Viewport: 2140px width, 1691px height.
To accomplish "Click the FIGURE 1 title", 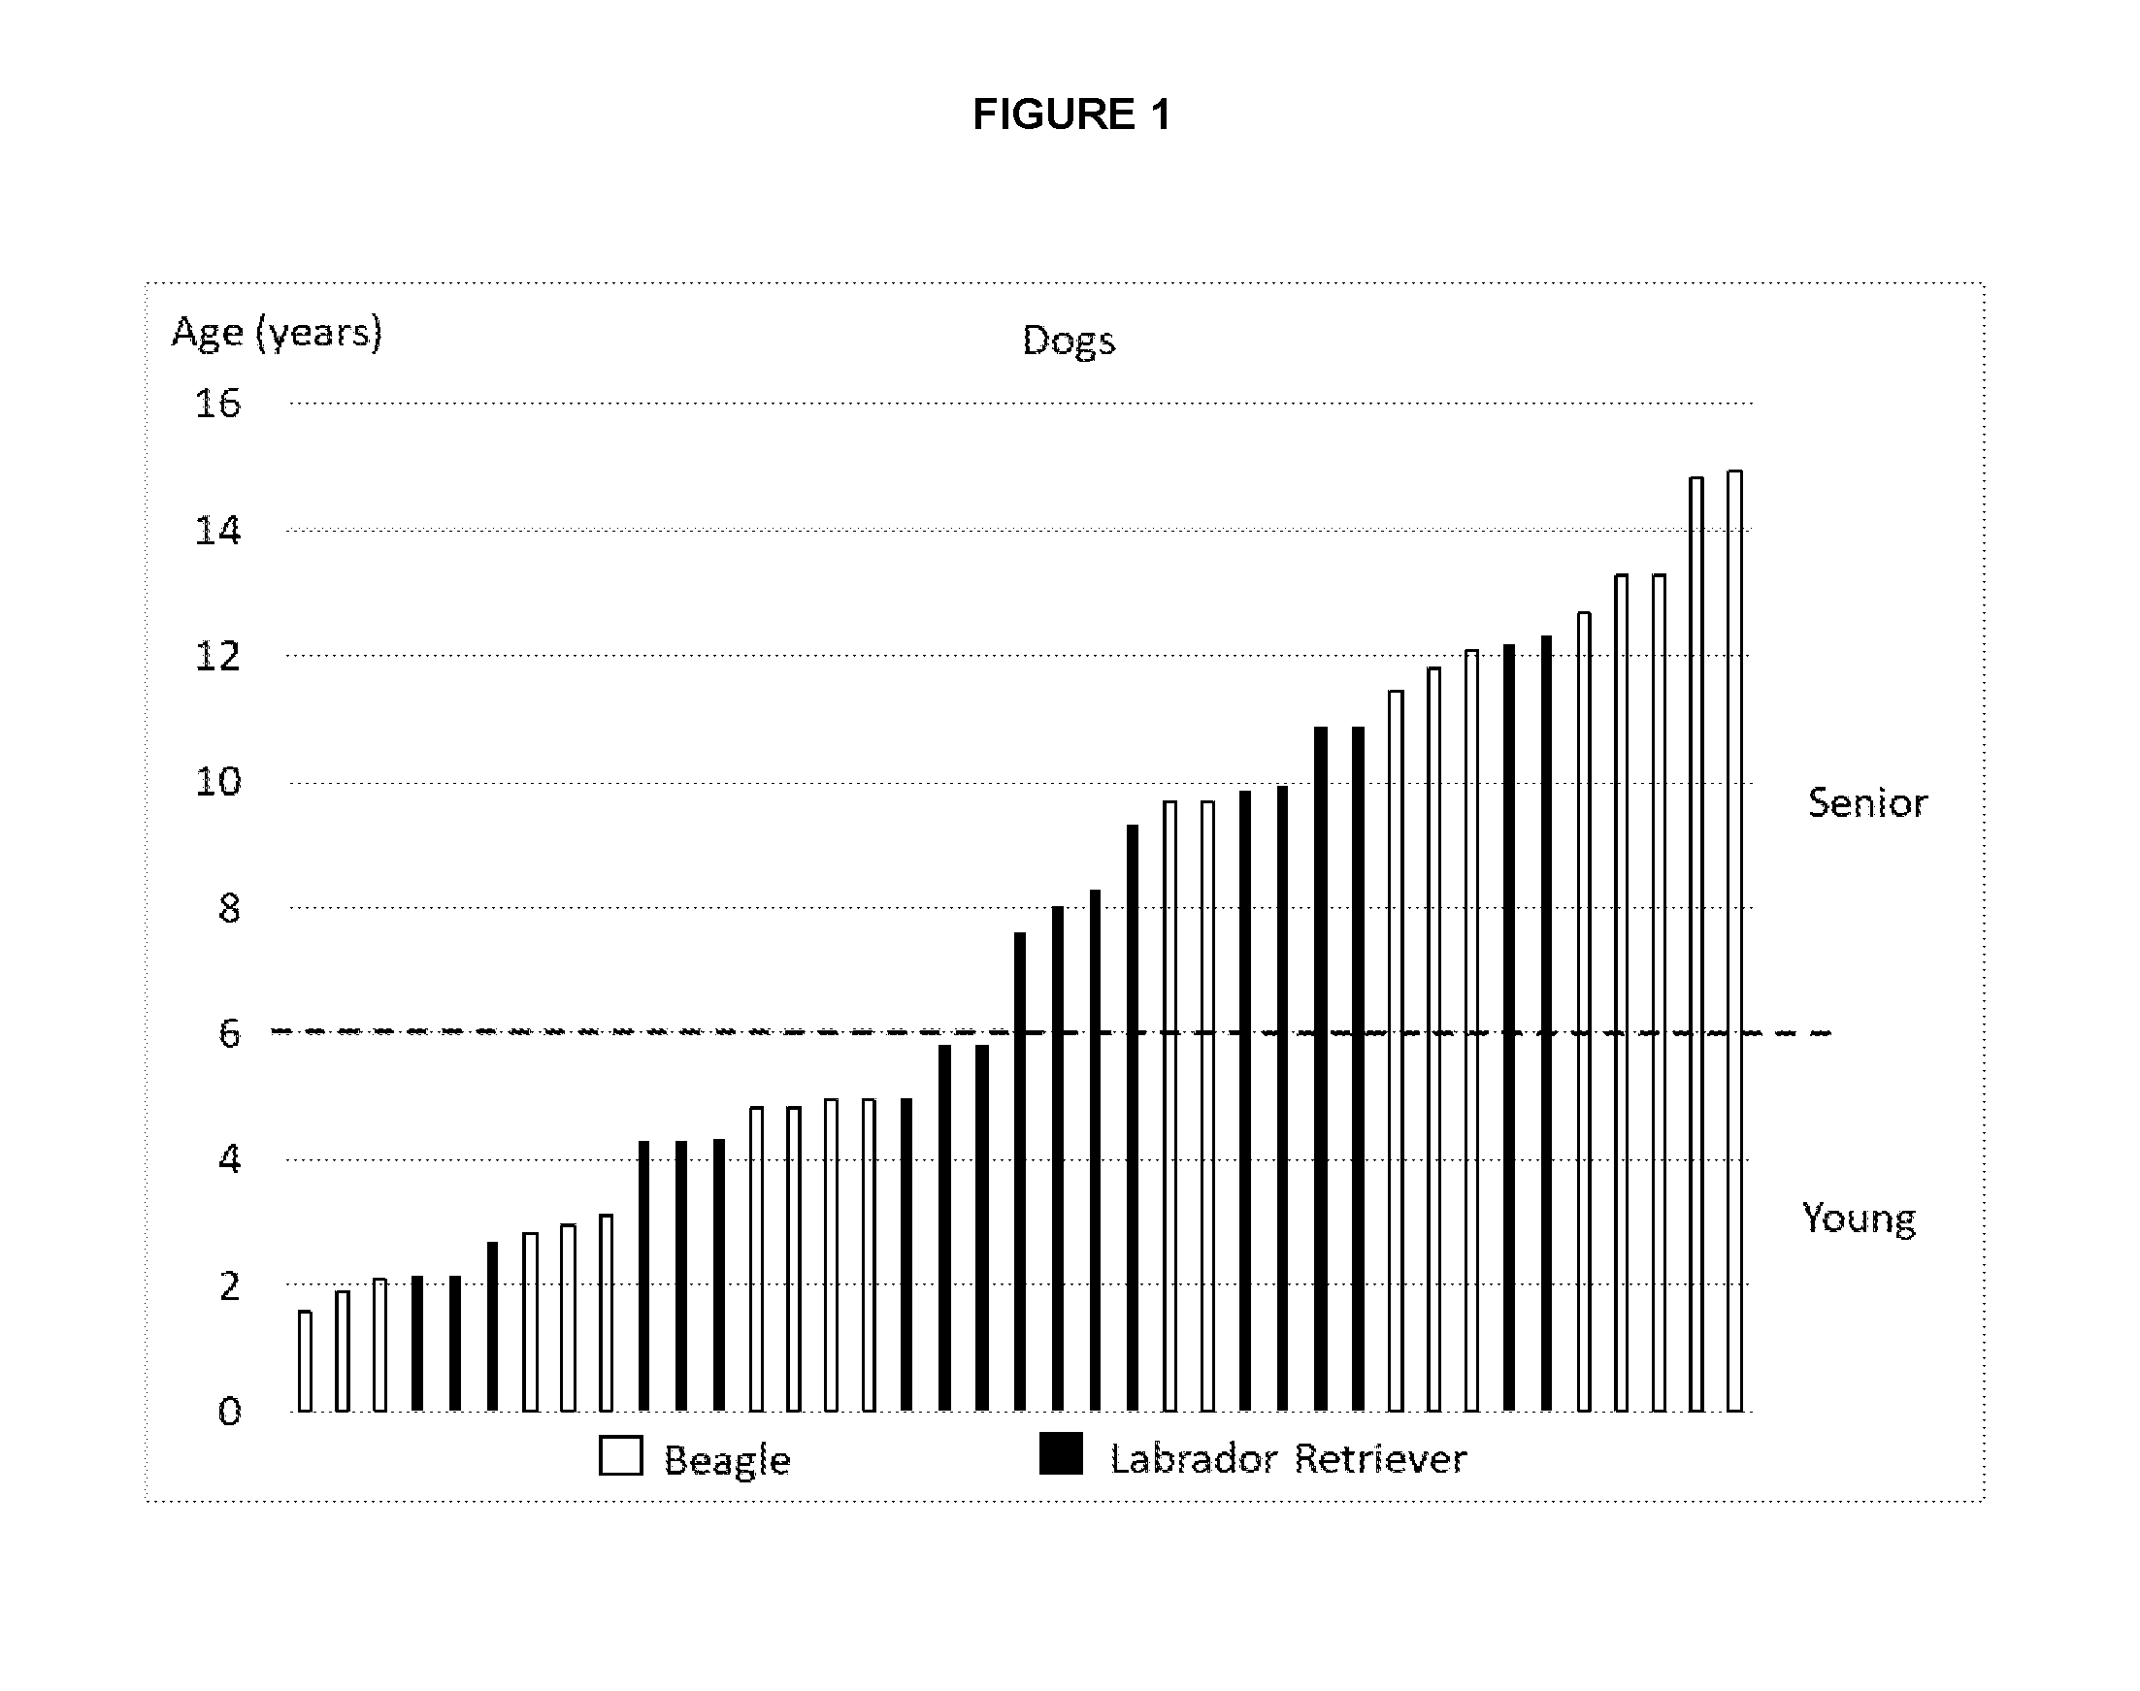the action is point(1071,114).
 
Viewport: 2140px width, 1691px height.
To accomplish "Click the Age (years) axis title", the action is point(277,333).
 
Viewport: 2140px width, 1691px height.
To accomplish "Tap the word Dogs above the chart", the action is point(1069,341).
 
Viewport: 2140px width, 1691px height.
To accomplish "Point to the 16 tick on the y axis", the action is point(217,404).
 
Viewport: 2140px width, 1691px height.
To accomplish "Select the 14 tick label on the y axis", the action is point(217,531).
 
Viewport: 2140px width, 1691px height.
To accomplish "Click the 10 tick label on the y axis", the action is point(217,782).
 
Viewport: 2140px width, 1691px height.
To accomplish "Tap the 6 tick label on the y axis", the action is point(229,1033).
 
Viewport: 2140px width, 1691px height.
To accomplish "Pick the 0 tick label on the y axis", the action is point(229,1411).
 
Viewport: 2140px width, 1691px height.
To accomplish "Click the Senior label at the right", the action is point(1867,802).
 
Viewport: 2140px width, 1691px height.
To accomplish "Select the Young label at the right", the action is point(1859,1219).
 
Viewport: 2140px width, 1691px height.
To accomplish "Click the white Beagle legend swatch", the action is point(621,1456).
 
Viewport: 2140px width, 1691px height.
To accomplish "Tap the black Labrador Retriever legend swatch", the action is point(1061,1453).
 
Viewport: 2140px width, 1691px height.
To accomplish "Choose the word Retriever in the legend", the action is point(1380,1458).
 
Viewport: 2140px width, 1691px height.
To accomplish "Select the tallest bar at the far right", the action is point(1735,940).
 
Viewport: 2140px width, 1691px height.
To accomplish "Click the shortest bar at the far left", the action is point(305,1361).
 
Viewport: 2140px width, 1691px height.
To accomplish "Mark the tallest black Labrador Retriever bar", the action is point(1546,1024).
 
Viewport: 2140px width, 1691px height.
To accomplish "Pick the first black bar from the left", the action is point(417,1344).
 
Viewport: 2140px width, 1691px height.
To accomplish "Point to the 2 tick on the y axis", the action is point(229,1286).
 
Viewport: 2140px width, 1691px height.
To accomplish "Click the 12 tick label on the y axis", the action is point(217,657).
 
